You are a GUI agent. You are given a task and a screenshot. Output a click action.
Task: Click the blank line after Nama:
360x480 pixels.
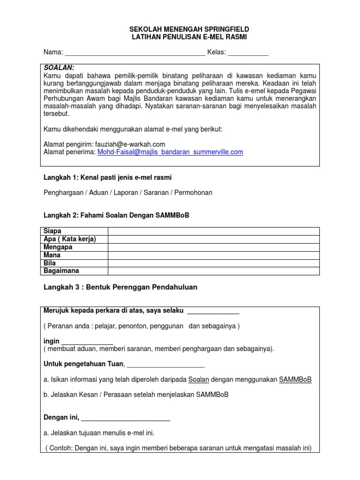point(135,53)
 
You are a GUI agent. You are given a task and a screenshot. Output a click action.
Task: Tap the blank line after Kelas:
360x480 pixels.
point(248,53)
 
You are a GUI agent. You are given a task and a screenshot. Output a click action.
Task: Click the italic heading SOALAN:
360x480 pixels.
point(59,68)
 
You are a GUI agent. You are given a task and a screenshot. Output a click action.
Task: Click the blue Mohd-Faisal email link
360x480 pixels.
point(170,152)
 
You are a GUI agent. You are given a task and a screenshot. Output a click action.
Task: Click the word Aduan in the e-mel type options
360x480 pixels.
point(106,193)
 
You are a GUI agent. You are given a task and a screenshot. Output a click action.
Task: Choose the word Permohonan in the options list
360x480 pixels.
point(194,193)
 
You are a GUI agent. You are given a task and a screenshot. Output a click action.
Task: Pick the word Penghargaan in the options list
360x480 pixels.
point(67,193)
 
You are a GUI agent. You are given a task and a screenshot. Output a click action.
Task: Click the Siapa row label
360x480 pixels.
point(52,231)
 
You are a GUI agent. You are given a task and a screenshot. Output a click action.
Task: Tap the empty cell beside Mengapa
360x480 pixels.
point(214,247)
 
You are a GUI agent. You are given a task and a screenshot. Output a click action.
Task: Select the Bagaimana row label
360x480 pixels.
point(61,271)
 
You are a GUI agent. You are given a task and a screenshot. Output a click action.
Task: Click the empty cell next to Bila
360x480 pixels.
point(214,263)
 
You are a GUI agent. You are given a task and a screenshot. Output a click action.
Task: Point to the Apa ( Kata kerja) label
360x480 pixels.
point(69,239)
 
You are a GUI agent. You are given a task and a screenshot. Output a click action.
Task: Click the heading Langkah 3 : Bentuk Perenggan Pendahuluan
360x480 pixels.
point(120,287)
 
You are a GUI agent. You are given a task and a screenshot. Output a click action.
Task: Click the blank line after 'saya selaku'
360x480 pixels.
point(213,312)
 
